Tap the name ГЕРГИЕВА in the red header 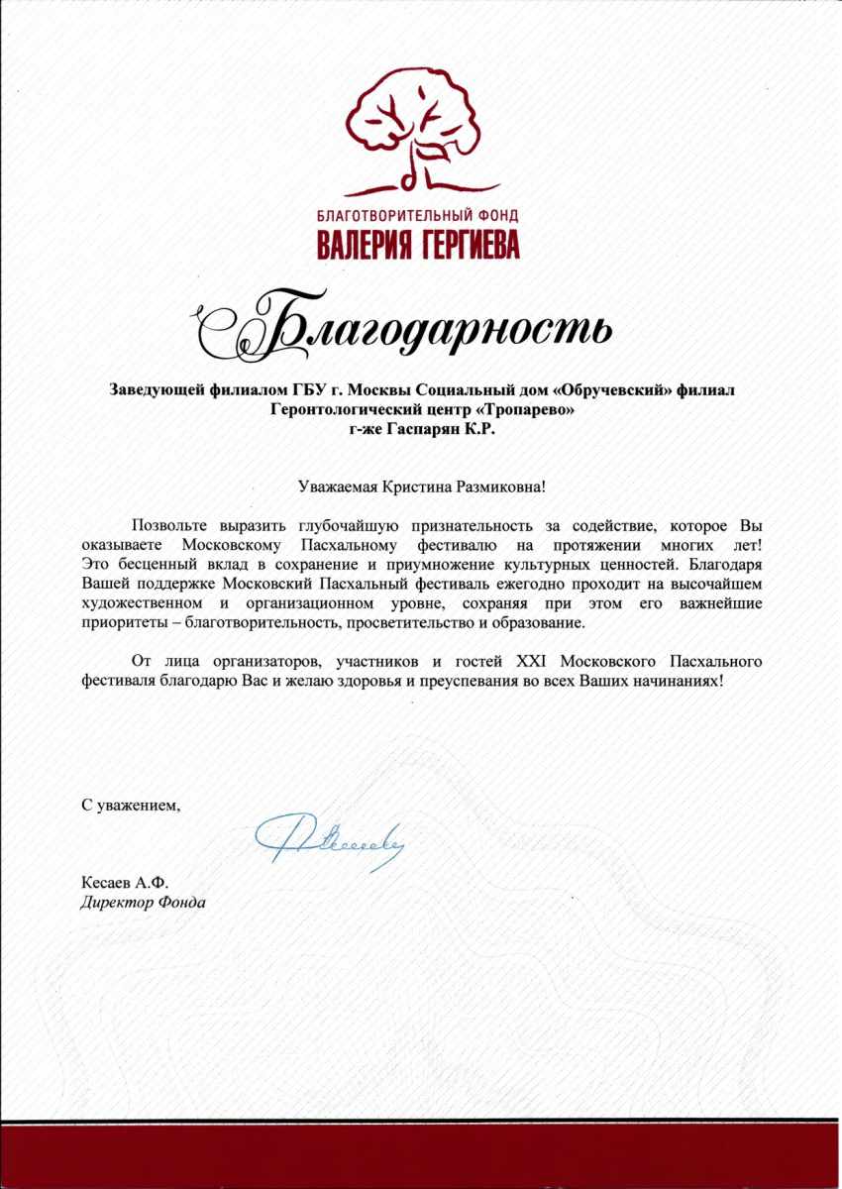point(461,243)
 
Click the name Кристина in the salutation point(414,486)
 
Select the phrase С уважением point(132,805)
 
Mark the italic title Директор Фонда point(144,902)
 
